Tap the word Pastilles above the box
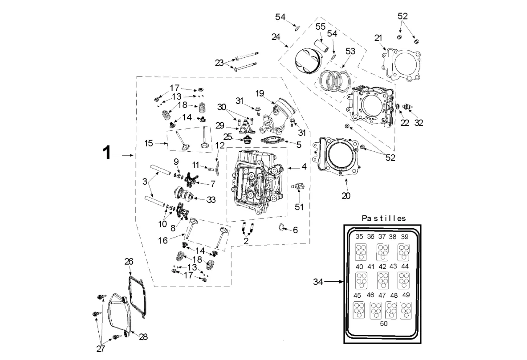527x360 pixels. [x=384, y=218]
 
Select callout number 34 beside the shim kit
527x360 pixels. [x=319, y=282]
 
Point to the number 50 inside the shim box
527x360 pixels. [x=384, y=323]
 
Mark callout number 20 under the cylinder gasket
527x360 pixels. [x=346, y=195]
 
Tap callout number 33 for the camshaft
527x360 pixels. [x=211, y=200]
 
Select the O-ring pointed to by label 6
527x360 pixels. [x=283, y=227]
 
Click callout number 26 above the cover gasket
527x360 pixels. [x=129, y=262]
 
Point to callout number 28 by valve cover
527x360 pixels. [x=143, y=337]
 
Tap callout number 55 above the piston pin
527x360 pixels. [x=320, y=26]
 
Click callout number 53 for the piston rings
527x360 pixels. [x=350, y=51]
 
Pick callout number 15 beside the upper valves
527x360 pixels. [x=148, y=143]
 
